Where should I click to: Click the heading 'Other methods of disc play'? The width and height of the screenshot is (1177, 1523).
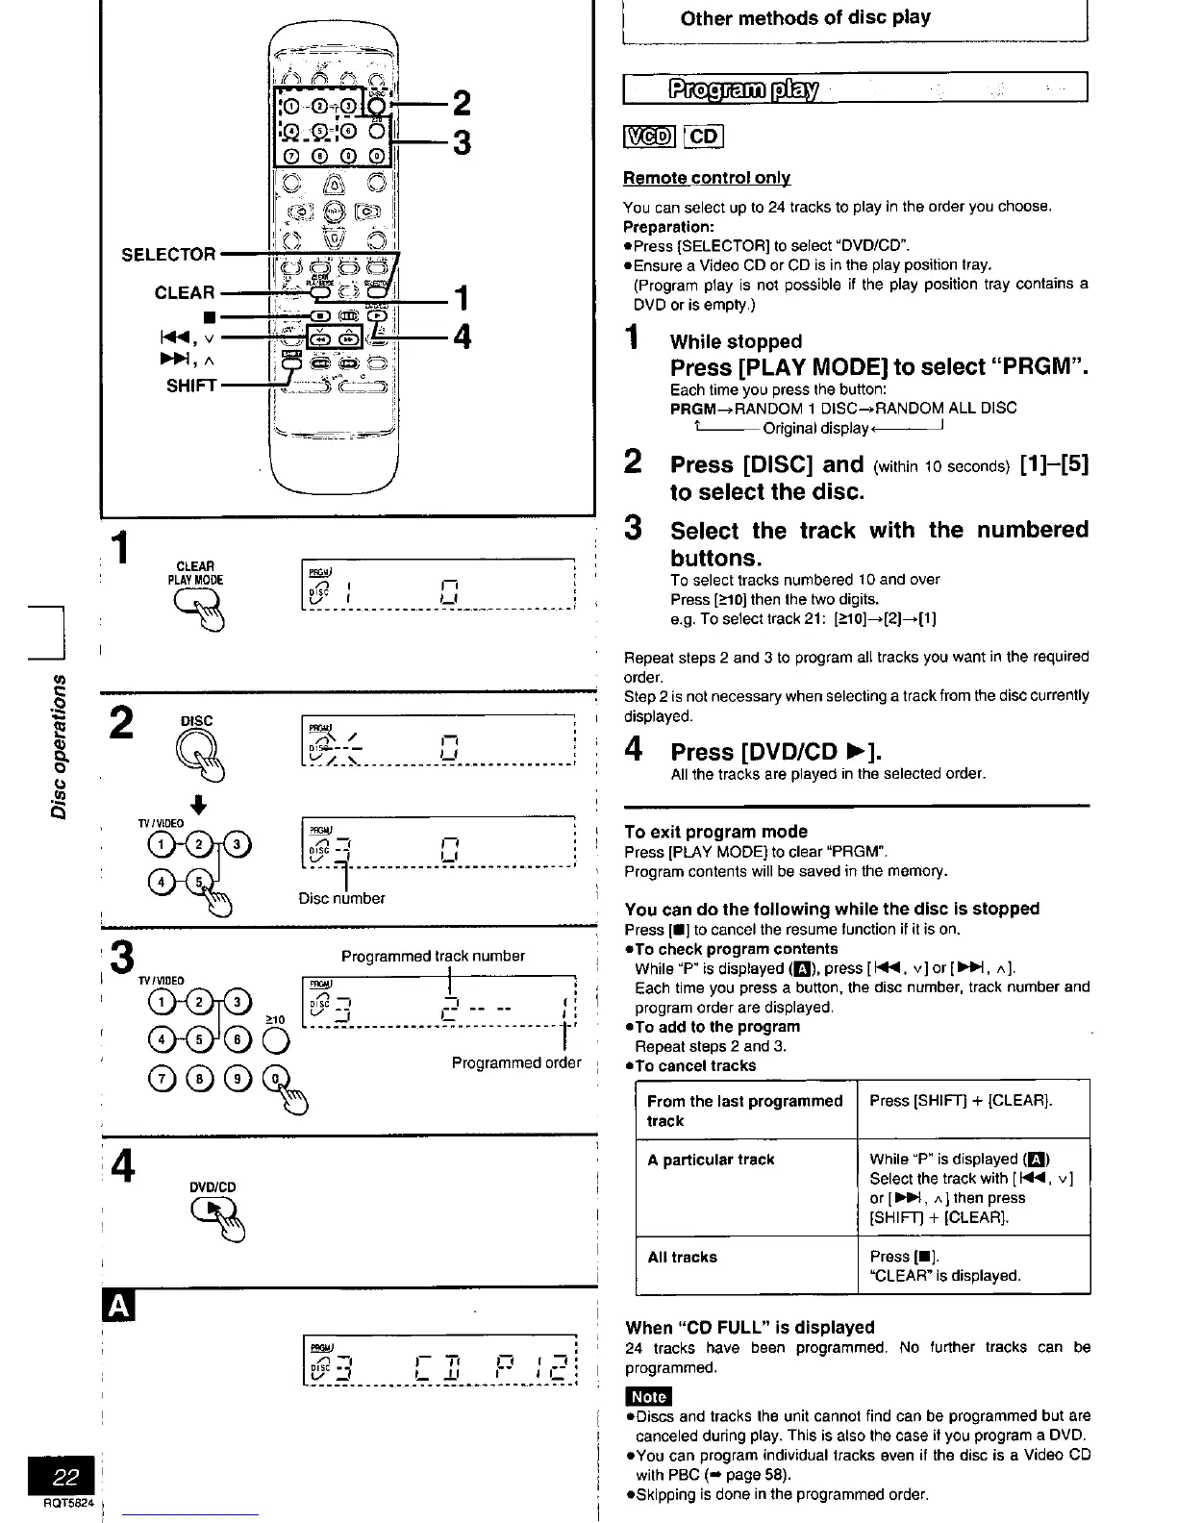(805, 18)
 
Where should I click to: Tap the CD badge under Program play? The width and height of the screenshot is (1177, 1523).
(704, 137)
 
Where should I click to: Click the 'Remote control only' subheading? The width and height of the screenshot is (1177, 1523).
(707, 178)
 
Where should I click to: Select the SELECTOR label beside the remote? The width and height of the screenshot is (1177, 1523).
(168, 255)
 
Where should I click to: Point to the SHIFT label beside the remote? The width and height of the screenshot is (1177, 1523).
(190, 386)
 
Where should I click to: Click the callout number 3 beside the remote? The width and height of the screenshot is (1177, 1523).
(462, 143)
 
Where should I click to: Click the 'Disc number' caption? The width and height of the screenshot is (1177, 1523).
(341, 898)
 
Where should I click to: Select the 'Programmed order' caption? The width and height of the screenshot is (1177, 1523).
(516, 1062)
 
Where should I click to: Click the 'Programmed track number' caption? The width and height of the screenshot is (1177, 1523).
(433, 956)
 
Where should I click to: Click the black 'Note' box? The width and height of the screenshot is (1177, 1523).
(648, 1396)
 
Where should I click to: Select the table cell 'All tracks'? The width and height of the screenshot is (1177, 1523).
(682, 1257)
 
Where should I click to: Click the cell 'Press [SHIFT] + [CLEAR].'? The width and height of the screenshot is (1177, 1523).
(960, 1101)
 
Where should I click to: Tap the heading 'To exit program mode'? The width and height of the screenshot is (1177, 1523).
(715, 832)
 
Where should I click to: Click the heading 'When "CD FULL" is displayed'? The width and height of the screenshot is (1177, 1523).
(749, 1327)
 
